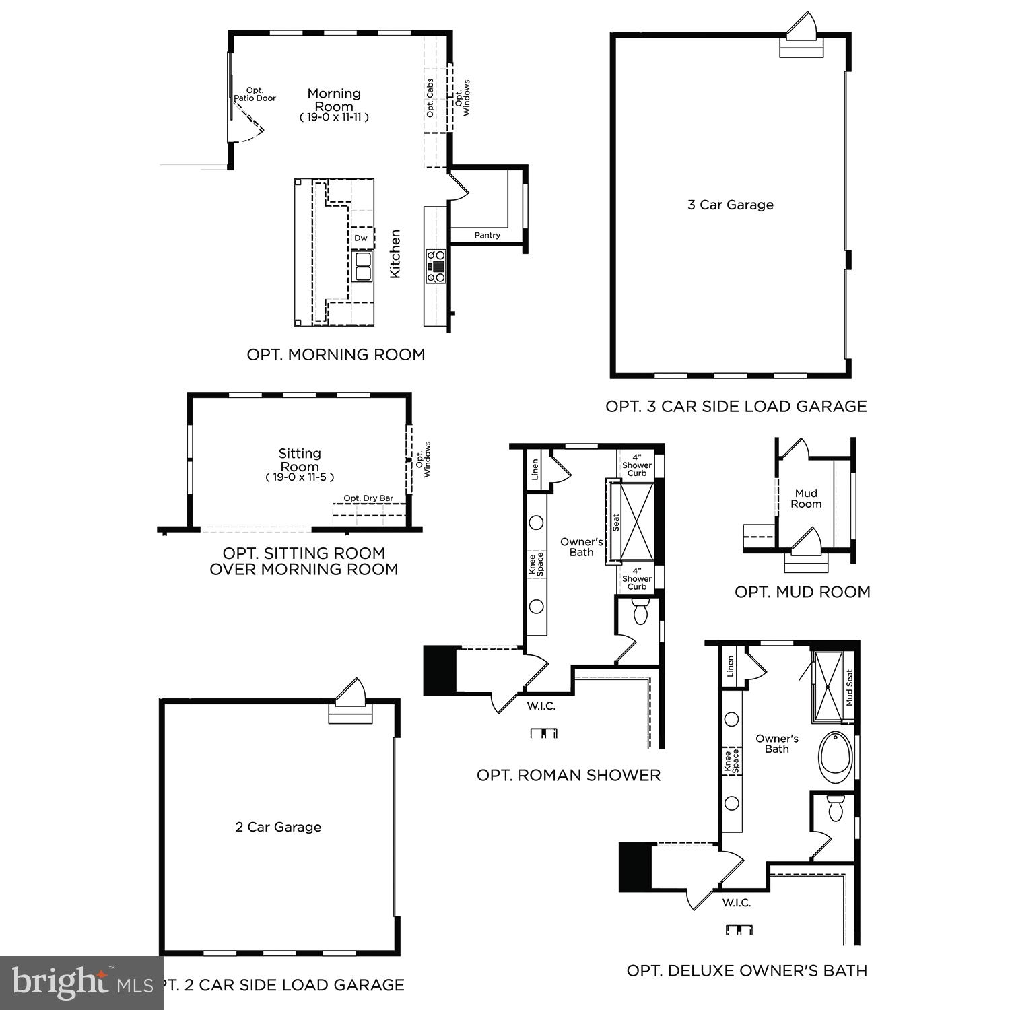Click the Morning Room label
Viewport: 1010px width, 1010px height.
(x=334, y=100)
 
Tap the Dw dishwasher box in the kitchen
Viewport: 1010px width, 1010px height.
(x=361, y=238)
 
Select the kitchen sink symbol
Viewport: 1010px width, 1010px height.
(x=362, y=265)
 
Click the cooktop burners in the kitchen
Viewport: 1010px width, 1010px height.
(x=436, y=265)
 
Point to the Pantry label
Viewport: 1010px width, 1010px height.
(x=487, y=235)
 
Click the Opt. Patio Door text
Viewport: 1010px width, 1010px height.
(x=255, y=94)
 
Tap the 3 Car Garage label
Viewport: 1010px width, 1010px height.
(x=730, y=205)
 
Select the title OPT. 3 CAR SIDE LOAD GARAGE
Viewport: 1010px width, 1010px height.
(x=735, y=406)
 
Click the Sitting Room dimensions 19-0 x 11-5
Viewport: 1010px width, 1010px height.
(x=300, y=477)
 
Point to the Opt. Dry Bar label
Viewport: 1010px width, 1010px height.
(x=368, y=498)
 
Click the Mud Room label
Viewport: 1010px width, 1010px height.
(x=806, y=498)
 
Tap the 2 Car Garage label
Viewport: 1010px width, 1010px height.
(x=278, y=827)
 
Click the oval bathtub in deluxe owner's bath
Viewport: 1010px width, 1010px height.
(x=836, y=757)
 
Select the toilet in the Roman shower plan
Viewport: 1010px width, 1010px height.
(x=640, y=613)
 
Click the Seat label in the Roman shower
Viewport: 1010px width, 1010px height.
(x=615, y=523)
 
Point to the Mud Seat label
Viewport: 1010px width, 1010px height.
(x=849, y=687)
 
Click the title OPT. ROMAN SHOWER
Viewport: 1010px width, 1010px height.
(x=568, y=775)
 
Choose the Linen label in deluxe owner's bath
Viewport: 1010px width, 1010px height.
(x=731, y=667)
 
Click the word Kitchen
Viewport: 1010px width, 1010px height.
(x=395, y=253)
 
